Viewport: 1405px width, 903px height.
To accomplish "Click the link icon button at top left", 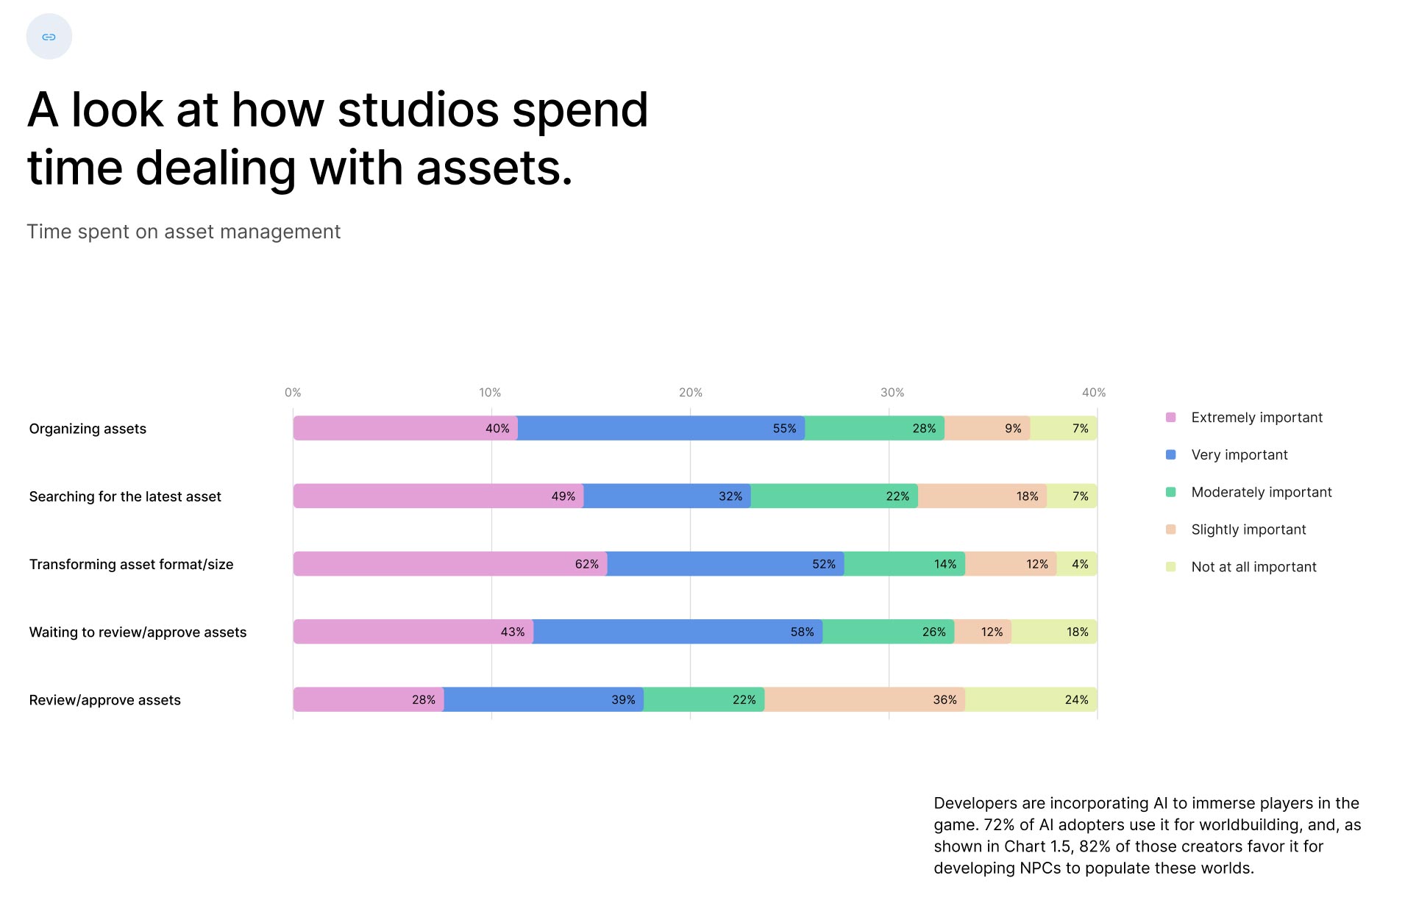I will (x=49, y=37).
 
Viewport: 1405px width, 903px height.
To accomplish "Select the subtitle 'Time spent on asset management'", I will (x=184, y=232).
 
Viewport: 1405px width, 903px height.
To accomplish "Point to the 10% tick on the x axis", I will (x=490, y=393).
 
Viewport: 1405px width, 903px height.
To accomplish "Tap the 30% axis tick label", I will (x=892, y=393).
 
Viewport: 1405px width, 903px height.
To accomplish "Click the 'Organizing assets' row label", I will (x=88, y=429).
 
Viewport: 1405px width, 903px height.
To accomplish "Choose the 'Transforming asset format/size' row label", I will (x=131, y=564).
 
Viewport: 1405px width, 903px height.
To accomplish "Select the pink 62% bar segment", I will (x=450, y=564).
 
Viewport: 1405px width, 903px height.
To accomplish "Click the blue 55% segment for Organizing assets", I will (x=661, y=429).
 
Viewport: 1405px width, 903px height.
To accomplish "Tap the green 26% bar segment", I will (x=888, y=632).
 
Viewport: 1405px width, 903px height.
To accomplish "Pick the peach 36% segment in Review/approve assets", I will (x=864, y=699).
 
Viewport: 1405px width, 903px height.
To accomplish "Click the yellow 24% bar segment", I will (x=1031, y=699).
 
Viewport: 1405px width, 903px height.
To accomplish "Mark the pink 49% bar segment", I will (x=438, y=496).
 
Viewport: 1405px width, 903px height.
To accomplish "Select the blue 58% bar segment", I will (x=677, y=632).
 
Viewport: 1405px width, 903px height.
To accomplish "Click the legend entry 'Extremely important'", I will (x=1256, y=418).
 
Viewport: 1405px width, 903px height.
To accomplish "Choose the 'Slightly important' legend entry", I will (x=1248, y=529).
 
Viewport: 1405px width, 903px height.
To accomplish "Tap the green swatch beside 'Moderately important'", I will (x=1171, y=492).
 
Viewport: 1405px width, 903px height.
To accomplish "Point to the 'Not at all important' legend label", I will (x=1253, y=567).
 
